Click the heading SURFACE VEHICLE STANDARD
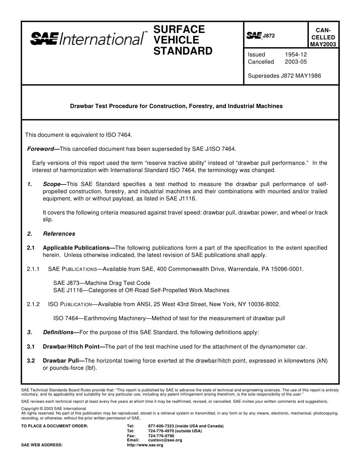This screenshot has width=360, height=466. [x=183, y=40]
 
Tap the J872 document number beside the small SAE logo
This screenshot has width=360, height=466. [x=269, y=36]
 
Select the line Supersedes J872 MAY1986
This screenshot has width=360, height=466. [x=284, y=76]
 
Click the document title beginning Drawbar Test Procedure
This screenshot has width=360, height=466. [x=176, y=106]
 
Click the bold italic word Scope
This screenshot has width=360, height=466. [x=52, y=184]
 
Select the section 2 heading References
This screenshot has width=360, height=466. [x=59, y=234]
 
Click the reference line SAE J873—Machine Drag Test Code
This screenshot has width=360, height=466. [x=102, y=283]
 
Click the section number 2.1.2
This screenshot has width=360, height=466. [x=33, y=304]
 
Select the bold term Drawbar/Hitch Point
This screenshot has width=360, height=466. [x=71, y=346]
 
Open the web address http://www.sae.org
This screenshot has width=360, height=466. [x=145, y=445]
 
